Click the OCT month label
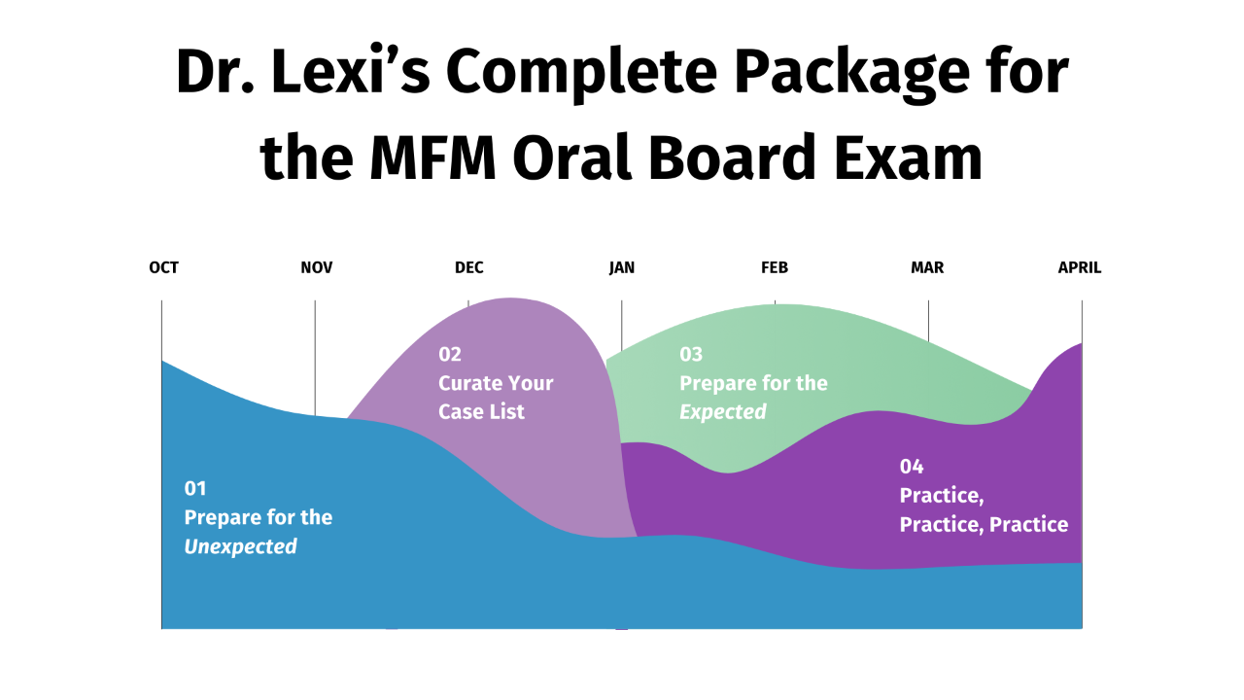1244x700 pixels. (163, 267)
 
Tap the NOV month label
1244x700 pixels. (317, 267)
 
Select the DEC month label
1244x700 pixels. (468, 267)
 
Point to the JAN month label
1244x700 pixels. (622, 267)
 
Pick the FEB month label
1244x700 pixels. (775, 267)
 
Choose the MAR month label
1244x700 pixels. (927, 267)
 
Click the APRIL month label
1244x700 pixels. (1080, 267)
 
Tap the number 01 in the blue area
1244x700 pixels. (195, 488)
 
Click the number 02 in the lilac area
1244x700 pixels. (449, 354)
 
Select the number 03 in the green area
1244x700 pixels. (691, 354)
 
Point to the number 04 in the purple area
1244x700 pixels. (912, 467)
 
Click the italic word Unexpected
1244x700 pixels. (241, 546)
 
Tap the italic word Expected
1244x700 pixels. (723, 411)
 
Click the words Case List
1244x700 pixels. (481, 411)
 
